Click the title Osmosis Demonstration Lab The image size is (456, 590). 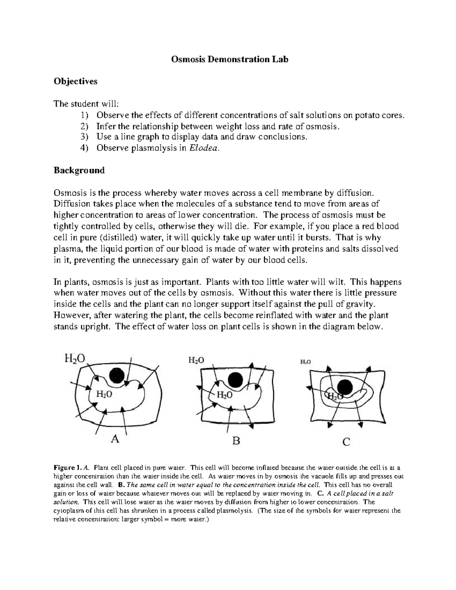(230, 59)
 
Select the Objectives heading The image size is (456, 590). (75, 81)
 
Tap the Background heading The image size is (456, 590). (79, 170)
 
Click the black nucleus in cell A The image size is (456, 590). (116, 376)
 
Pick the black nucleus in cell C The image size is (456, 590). (345, 387)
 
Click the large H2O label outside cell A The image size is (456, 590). (74, 358)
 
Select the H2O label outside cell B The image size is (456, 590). (196, 360)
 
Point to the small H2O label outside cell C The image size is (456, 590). (306, 362)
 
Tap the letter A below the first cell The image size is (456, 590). (115, 439)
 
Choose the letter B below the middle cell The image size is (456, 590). (236, 441)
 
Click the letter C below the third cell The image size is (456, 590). (346, 442)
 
